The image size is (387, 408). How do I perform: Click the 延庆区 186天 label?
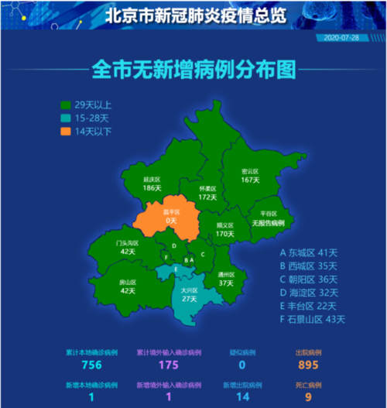pos(152,183)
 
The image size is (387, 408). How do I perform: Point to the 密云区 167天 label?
pos(249,175)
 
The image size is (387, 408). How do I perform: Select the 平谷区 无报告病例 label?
pos(268,218)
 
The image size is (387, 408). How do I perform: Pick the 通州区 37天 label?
pos(226,279)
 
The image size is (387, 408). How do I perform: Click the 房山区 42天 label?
pos(128,286)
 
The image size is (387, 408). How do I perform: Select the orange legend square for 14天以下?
pos(67,132)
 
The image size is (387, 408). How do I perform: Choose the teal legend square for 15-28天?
pos(67,118)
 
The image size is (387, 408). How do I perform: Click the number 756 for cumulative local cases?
pos(92,365)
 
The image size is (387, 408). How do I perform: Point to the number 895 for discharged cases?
pos(308,365)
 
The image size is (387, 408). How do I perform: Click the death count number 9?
pos(308,396)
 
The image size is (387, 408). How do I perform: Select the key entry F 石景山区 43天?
pos(313,318)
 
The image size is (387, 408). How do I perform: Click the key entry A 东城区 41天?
pos(310,252)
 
